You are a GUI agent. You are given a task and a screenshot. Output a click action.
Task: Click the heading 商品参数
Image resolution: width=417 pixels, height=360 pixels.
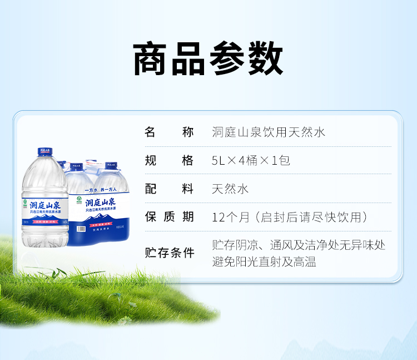(x=208, y=59)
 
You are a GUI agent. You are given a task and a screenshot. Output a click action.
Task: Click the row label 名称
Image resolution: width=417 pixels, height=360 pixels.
(x=169, y=132)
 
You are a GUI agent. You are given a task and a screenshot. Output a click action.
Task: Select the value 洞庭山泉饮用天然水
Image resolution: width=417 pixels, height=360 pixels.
(x=269, y=132)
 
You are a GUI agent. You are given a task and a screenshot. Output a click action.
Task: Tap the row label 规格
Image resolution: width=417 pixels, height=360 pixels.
(x=169, y=161)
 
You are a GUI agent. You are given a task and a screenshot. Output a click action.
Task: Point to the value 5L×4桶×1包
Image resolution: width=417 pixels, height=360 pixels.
(x=251, y=161)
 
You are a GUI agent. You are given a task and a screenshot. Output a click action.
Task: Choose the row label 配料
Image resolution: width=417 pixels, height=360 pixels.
(x=169, y=189)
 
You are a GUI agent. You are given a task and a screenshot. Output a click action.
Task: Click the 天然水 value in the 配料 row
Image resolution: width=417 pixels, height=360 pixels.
(x=230, y=189)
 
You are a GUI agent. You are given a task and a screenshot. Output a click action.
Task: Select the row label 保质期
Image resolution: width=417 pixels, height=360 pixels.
(x=169, y=217)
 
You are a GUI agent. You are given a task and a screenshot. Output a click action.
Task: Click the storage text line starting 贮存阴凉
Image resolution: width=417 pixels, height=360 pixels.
(x=299, y=245)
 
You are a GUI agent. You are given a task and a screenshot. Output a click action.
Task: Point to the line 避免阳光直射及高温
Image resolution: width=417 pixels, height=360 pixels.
(x=264, y=262)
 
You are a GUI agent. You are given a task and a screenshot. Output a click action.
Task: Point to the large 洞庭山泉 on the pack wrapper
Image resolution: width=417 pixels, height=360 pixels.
(x=100, y=201)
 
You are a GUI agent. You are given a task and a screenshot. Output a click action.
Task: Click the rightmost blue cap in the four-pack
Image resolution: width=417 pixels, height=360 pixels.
(x=110, y=166)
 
